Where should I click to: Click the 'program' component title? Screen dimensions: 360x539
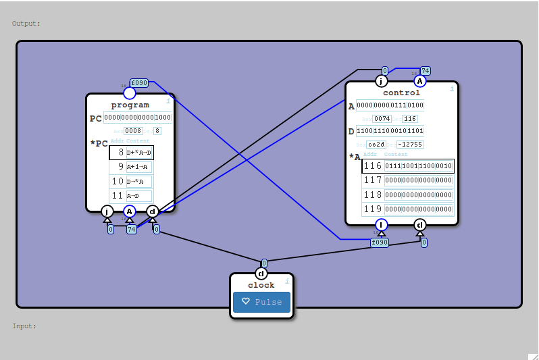point(130,105)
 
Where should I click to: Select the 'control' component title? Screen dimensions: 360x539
point(401,93)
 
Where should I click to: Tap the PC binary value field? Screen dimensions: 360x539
point(138,118)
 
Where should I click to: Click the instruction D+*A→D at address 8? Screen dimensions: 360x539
point(139,153)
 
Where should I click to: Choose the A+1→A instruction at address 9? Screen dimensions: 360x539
point(139,167)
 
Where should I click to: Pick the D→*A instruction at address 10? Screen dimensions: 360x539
point(139,182)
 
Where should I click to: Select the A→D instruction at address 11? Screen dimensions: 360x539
point(139,196)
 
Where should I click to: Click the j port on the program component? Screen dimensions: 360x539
point(107,211)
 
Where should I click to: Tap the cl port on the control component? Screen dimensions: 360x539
point(420,225)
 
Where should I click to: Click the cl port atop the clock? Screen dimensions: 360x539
point(261,274)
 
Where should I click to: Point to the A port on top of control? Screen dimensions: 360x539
point(419,81)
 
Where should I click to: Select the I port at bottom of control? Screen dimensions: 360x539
point(382,225)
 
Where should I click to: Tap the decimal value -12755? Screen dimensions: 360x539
point(410,145)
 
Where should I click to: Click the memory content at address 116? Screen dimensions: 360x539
point(419,166)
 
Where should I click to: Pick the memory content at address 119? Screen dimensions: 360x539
point(419,209)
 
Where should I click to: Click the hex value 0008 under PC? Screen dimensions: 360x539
point(133,131)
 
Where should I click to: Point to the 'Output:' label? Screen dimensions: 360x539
point(26,24)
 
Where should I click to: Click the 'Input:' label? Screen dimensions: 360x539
point(24,326)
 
